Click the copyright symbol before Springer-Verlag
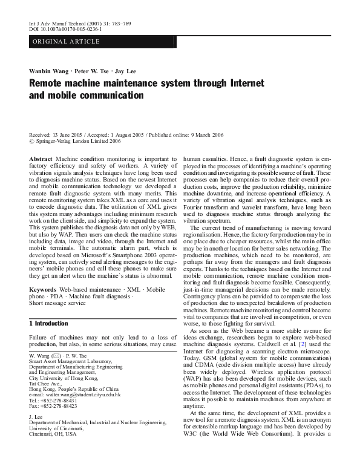[32, 142]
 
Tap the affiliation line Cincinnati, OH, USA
[54, 434]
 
